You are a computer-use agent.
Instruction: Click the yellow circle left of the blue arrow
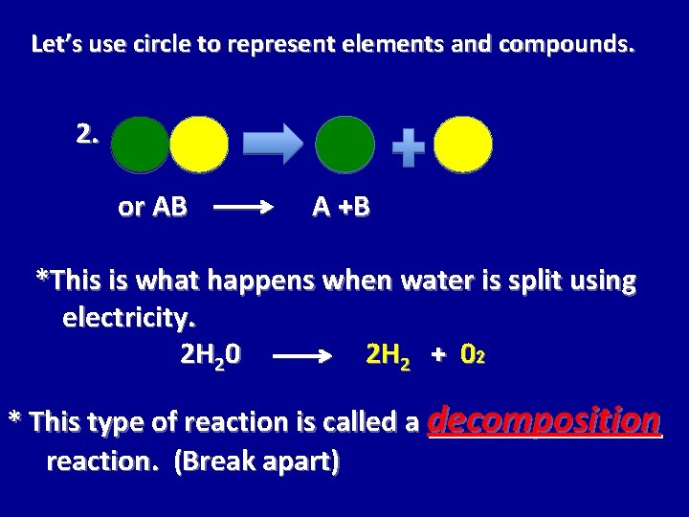(x=199, y=145)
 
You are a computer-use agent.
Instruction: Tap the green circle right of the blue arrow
(x=344, y=145)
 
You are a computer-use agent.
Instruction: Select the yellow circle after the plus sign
(x=463, y=145)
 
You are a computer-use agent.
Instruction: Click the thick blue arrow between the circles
(x=272, y=144)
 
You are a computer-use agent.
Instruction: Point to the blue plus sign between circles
(x=409, y=147)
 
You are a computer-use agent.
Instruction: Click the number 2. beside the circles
(x=88, y=134)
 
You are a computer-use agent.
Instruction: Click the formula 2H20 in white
(x=211, y=356)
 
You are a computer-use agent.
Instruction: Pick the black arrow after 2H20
(x=309, y=359)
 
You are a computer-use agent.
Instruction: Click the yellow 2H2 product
(x=390, y=356)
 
